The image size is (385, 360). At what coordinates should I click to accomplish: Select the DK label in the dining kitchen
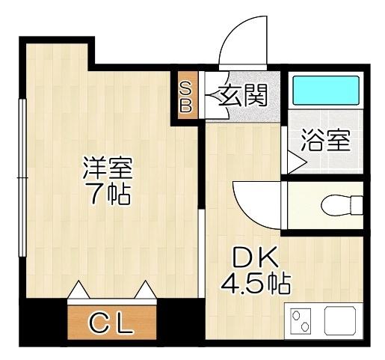click(x=255, y=259)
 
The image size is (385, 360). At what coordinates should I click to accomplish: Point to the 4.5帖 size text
click(x=255, y=284)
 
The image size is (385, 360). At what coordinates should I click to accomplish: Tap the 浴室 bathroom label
click(x=325, y=141)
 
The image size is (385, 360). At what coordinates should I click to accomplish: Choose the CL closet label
click(x=111, y=324)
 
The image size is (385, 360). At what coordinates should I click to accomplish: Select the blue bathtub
click(x=327, y=90)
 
